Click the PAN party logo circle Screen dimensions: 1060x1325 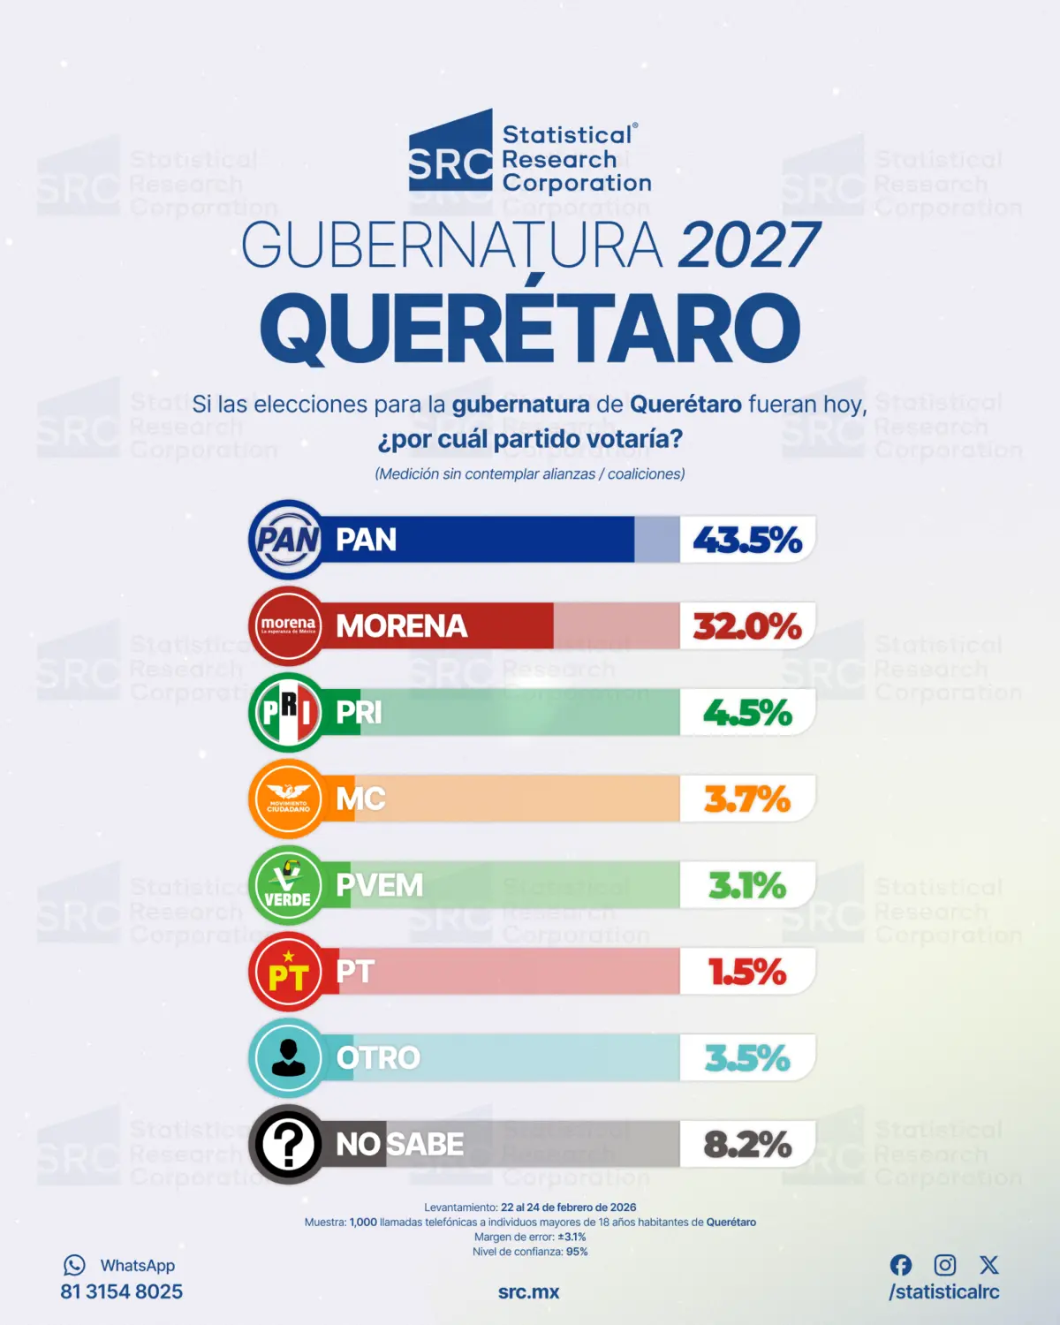pos(288,540)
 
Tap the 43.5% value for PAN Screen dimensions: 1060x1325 pos(747,540)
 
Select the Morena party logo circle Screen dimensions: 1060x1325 pos(288,625)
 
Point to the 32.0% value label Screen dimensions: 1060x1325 pos(747,626)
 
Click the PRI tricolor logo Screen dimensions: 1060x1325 pos(288,712)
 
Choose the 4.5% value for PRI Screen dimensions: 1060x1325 pos(747,713)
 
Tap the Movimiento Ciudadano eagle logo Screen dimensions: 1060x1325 pos(288,799)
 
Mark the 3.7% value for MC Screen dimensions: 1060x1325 pos(747,799)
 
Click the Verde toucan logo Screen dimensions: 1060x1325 pos(288,885)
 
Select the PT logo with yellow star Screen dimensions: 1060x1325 pos(288,972)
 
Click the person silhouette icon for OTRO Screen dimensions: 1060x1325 pos(288,1057)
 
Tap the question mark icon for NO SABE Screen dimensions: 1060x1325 pos(288,1144)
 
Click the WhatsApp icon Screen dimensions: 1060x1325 pos(74,1265)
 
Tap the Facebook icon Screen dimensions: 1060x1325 pos(901,1265)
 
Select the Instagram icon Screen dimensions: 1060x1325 pos(945,1265)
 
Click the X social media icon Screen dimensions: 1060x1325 pos(989,1265)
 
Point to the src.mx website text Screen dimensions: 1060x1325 pos(528,1291)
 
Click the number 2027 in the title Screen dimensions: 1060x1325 pos(749,245)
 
